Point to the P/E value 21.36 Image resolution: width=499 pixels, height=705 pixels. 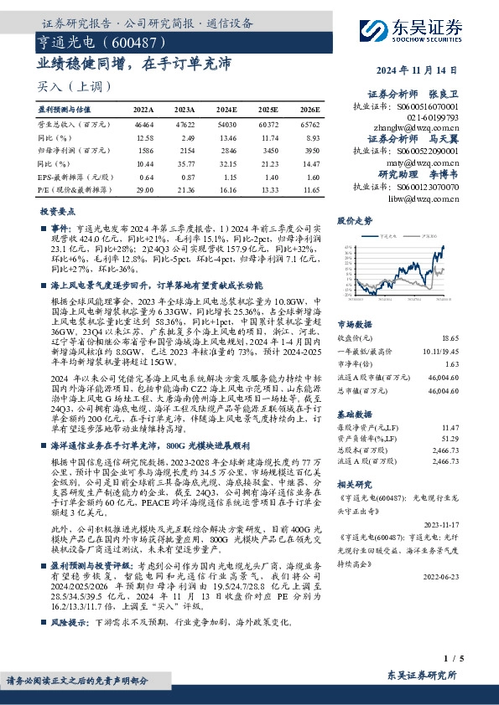coord(185,191)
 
